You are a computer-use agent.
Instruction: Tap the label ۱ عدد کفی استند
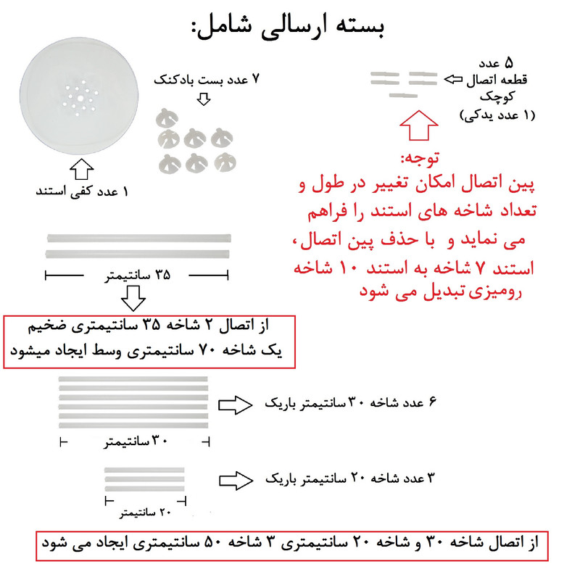click(x=83, y=192)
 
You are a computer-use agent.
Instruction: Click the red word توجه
click(x=421, y=157)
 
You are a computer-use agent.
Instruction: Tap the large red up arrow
click(x=421, y=125)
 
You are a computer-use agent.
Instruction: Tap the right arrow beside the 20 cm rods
click(x=236, y=479)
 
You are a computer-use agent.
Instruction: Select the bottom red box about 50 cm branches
click(x=290, y=543)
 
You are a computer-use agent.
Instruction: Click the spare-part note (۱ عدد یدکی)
click(x=497, y=115)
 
